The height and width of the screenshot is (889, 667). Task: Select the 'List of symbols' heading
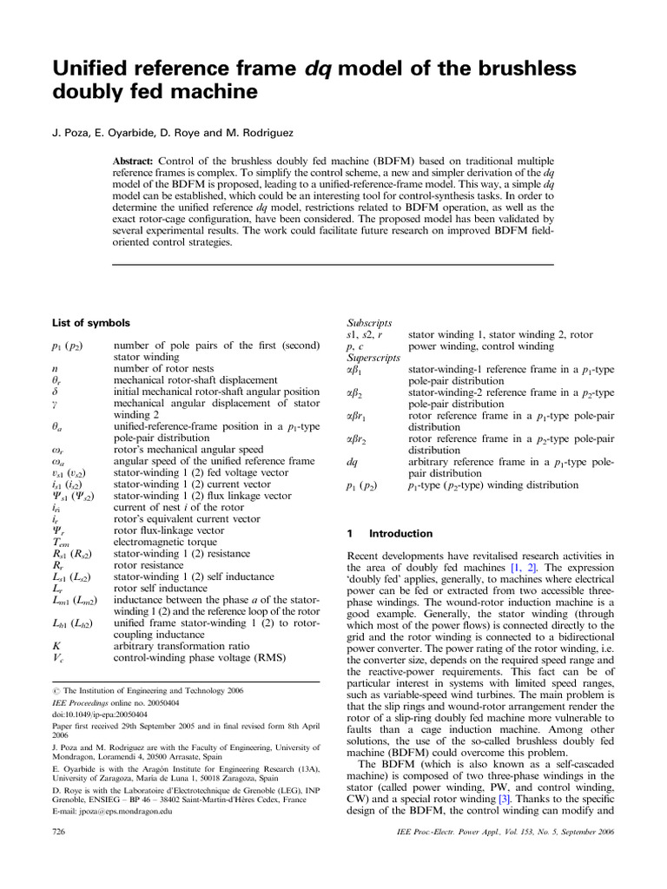[91, 322]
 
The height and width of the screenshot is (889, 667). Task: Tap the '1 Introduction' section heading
[390, 533]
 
